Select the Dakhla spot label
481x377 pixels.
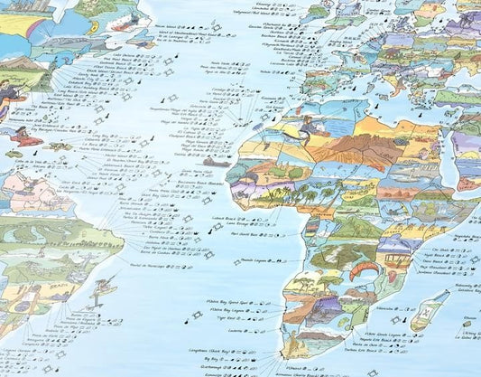coord(183,154)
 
